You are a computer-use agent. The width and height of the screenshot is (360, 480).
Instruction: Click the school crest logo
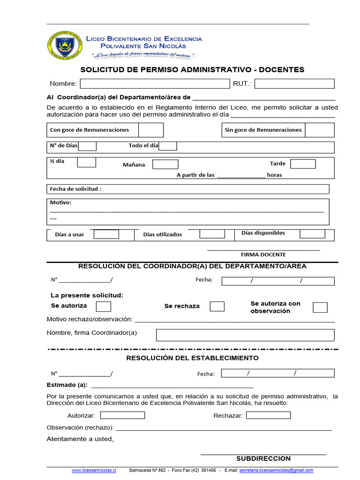tap(65, 46)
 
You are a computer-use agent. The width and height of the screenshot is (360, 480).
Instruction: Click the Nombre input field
tap(154, 84)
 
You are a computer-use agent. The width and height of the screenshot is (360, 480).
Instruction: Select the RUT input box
tap(294, 84)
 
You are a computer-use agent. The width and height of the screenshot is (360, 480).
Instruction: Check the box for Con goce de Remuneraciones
tap(151, 130)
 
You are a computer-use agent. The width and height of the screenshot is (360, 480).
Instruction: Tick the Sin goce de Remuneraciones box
tap(320, 130)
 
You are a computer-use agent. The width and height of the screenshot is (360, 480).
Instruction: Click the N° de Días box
tap(88, 146)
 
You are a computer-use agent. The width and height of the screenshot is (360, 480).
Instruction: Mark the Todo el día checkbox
tap(168, 146)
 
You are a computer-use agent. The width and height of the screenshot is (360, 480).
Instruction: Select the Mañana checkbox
tap(165, 165)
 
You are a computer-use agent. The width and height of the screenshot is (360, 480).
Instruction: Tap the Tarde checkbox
tap(303, 164)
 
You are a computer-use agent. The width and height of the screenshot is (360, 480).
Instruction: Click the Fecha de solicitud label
tap(75, 189)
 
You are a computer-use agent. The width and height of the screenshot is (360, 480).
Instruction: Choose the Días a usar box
tap(106, 234)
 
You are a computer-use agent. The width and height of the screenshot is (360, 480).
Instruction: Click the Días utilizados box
tap(212, 234)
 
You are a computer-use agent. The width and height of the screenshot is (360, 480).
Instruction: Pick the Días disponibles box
tap(312, 233)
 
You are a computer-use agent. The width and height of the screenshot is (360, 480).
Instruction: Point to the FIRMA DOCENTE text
tap(263, 255)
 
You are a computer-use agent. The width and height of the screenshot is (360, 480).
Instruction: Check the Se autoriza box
tap(103, 307)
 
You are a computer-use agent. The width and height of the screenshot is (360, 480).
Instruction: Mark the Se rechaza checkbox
tap(217, 307)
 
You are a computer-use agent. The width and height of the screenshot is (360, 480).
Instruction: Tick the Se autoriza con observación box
tap(320, 307)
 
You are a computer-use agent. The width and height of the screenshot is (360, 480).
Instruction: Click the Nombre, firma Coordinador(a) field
tap(245, 335)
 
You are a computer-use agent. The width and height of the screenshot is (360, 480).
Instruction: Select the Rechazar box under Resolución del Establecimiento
tap(268, 415)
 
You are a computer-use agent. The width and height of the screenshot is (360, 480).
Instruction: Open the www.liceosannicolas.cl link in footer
tap(94, 470)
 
